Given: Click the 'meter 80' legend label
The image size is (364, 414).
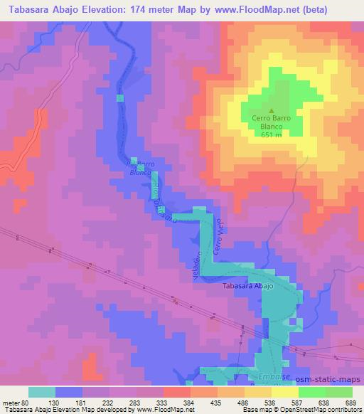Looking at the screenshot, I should click(16, 403).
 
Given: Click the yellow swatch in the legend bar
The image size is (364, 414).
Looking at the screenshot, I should click(284, 392).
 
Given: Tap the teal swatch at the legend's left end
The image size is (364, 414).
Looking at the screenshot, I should click(42, 392).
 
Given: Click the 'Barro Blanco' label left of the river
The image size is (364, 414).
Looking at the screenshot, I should click(140, 167).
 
